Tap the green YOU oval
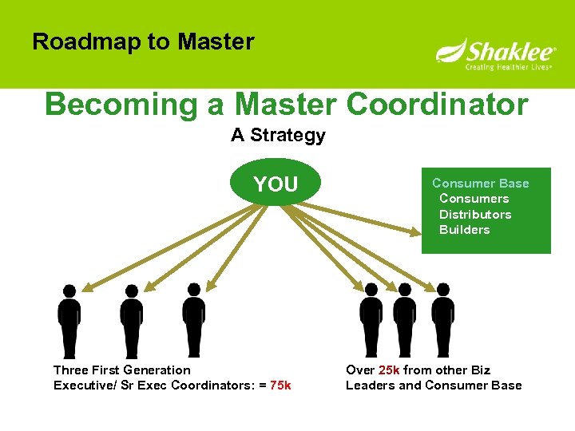tap(276, 184)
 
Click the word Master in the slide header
tap(216, 42)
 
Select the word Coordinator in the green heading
tap(438, 105)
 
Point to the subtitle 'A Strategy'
tap(278, 135)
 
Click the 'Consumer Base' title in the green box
tap(481, 184)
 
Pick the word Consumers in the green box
tap(474, 199)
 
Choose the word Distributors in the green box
tap(475, 214)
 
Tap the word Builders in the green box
tap(465, 230)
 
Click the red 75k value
tap(280, 386)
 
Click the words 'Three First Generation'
tap(122, 370)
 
